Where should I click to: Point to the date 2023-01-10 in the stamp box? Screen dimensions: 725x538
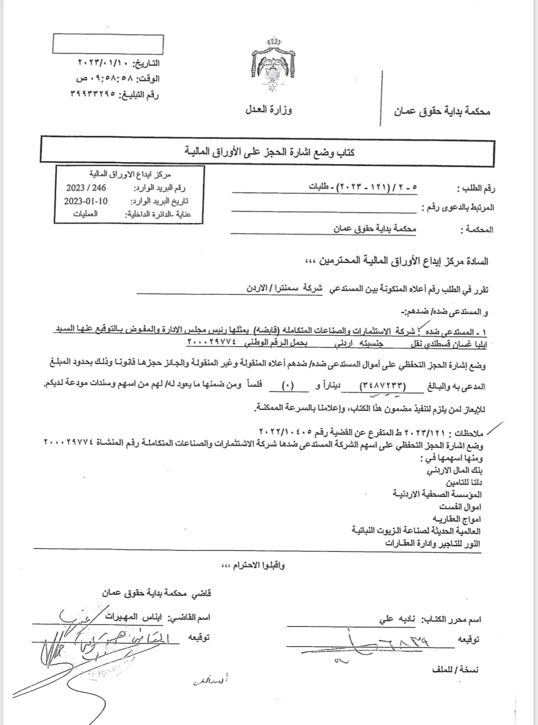coord(86,201)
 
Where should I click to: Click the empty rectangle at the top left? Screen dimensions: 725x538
coord(108,44)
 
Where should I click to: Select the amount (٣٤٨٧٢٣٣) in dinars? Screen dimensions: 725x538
coord(382,386)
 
